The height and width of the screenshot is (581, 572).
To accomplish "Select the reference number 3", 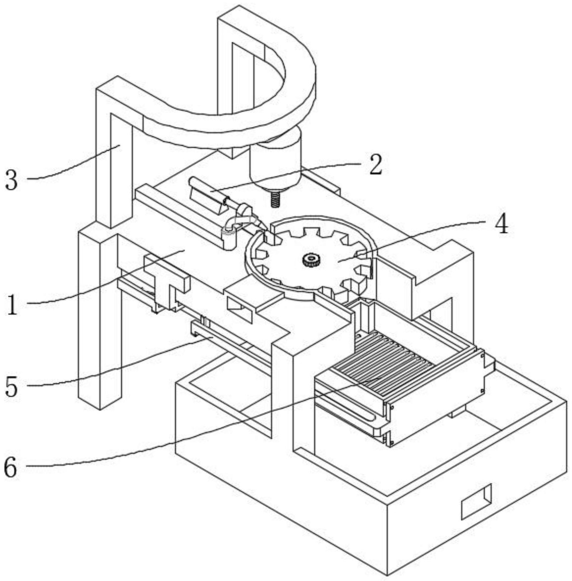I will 12,180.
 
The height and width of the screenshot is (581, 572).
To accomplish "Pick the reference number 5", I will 12,387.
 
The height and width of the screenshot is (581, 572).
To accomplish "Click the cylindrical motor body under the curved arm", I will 275,160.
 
